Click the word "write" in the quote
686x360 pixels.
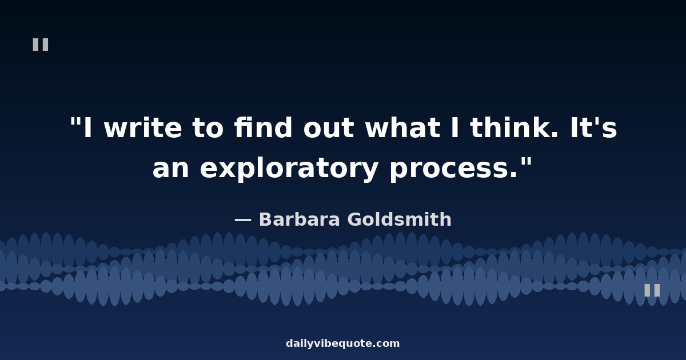pos(143,127)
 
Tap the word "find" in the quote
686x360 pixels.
pos(263,127)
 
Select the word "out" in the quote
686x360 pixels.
pos(329,129)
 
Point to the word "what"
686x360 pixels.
pos(402,127)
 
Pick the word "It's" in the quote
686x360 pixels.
pos(593,127)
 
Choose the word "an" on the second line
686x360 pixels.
pos(170,169)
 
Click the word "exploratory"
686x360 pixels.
pos(289,169)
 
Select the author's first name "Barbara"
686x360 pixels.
pos(300,219)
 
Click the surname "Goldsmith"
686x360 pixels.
pos(400,219)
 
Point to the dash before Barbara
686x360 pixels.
pos(243,219)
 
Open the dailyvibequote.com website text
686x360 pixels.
pos(342,343)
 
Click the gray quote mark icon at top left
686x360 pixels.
pos(41,45)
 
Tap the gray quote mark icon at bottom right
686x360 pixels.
pos(652,290)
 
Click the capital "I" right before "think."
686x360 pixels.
pos(455,127)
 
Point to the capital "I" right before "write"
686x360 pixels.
pos(88,127)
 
